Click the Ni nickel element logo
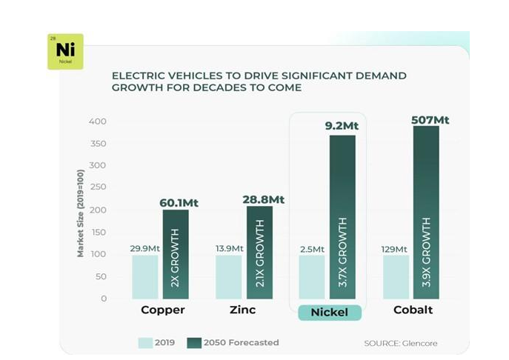(65, 51)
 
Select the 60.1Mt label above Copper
(180, 202)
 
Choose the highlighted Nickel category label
(329, 312)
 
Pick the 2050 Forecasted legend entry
(235, 342)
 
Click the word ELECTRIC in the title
(135, 76)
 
